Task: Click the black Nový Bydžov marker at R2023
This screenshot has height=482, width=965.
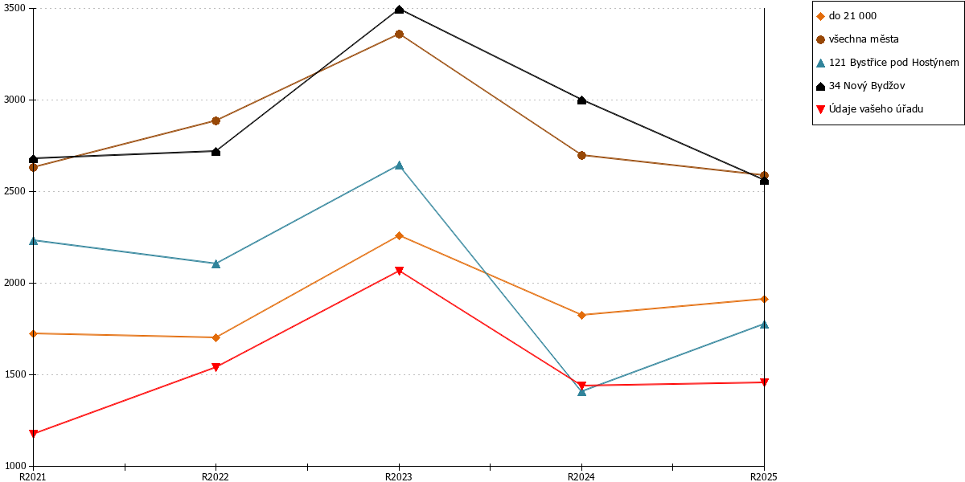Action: click(399, 10)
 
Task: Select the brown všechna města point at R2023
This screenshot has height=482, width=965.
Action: click(399, 34)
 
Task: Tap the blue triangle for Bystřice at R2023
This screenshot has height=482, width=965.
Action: click(399, 165)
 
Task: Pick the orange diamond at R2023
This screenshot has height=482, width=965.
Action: click(399, 236)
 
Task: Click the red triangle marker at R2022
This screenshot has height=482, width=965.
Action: click(216, 367)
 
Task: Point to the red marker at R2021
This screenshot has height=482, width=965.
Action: click(34, 433)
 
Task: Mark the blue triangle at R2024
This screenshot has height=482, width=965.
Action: click(581, 392)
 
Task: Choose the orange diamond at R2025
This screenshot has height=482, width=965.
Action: click(764, 299)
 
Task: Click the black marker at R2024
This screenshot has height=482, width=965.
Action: click(581, 100)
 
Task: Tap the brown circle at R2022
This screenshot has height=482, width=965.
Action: click(216, 121)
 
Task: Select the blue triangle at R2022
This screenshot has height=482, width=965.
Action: click(216, 263)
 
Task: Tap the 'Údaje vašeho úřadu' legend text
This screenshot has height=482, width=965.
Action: click(876, 109)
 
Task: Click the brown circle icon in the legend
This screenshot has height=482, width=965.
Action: click(821, 39)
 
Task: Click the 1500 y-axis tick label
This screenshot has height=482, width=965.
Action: click(14, 374)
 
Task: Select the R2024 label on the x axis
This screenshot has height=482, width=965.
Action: click(581, 477)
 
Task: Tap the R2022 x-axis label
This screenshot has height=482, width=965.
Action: click(216, 477)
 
